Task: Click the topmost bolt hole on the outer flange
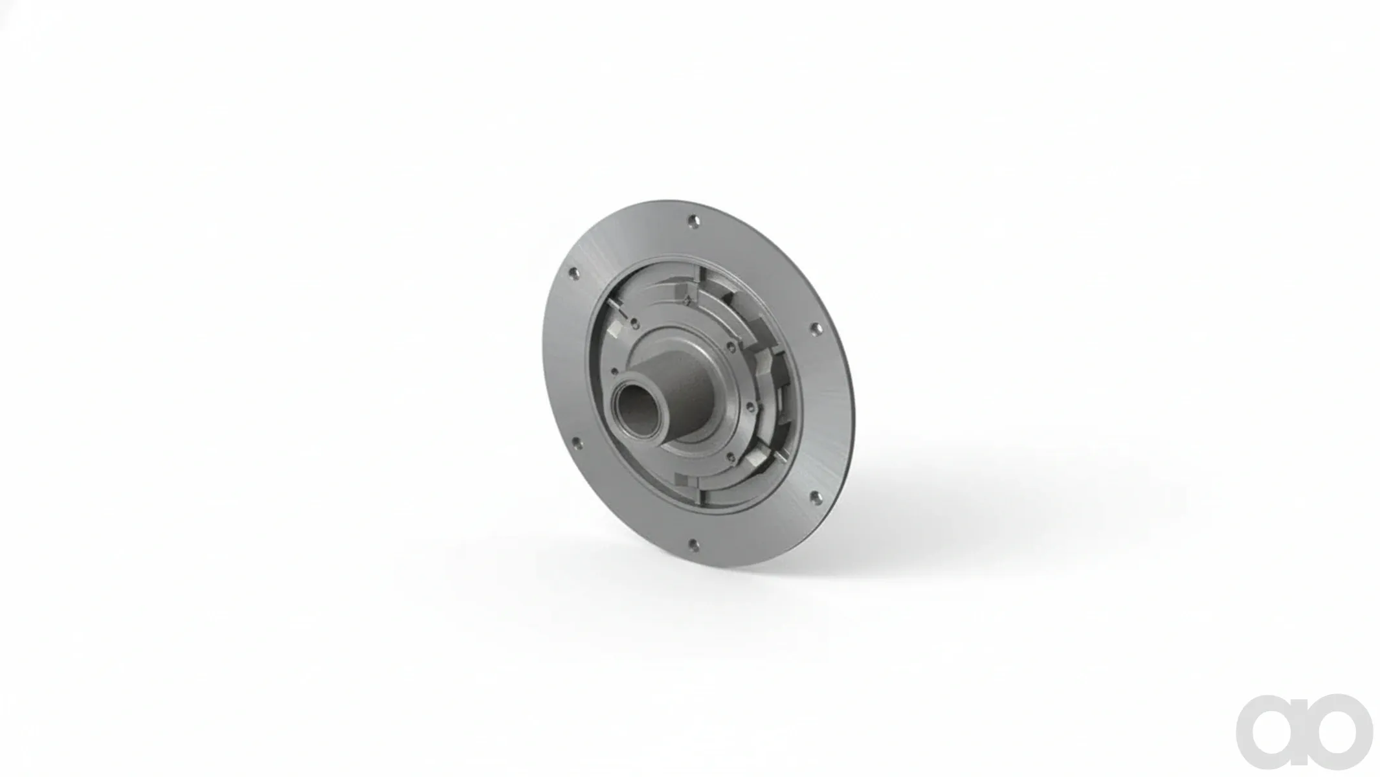694,221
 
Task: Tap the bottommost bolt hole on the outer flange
693,544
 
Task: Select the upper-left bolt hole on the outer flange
572,275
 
